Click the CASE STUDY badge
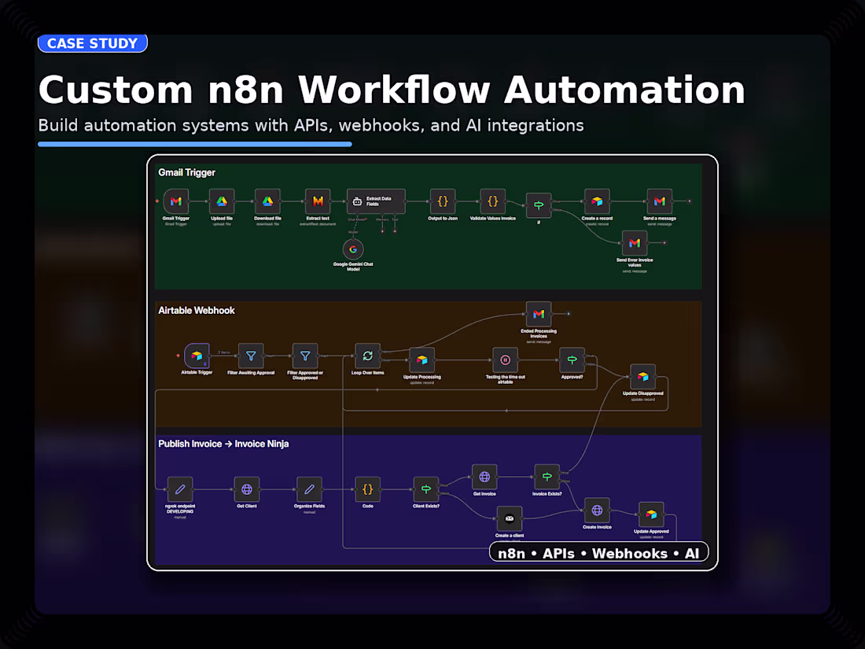click(x=92, y=43)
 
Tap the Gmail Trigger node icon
click(x=176, y=202)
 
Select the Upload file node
click(x=222, y=202)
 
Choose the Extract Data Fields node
click(x=376, y=202)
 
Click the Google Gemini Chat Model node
click(x=353, y=249)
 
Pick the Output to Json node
click(x=443, y=202)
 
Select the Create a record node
click(x=598, y=202)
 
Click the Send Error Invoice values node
click(x=634, y=244)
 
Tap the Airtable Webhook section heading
click(x=197, y=310)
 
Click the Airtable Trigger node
click(x=197, y=356)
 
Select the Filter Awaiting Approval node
click(x=251, y=356)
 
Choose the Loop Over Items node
click(x=367, y=356)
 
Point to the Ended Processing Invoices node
click(x=539, y=314)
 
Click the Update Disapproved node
click(x=642, y=377)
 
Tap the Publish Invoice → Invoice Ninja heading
click(x=223, y=444)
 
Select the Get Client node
click(x=247, y=489)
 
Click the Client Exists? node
click(x=426, y=489)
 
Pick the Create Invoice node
click(x=597, y=511)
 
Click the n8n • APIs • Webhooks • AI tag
click(x=598, y=553)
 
